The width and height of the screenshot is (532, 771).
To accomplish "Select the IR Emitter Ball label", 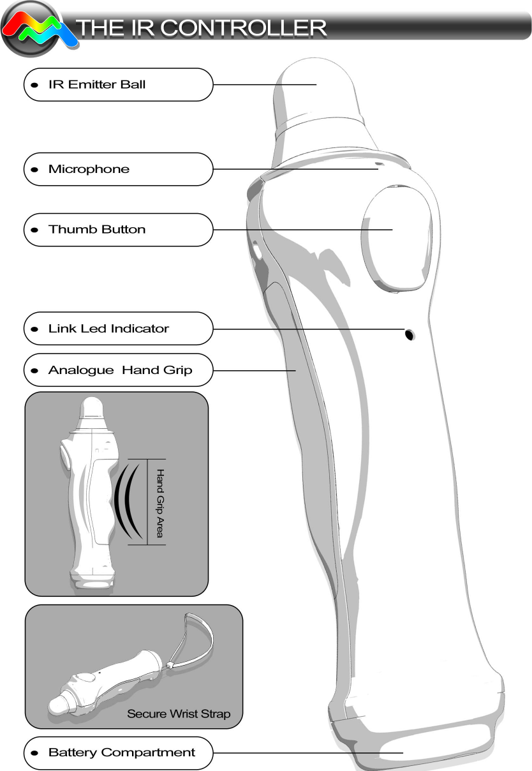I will click(x=97, y=84).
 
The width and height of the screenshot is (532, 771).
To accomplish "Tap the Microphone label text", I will click(x=89, y=169).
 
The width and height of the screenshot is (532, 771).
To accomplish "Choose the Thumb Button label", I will click(x=97, y=229).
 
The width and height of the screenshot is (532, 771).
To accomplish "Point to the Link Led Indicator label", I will click(x=108, y=329).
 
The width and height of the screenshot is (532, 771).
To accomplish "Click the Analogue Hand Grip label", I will click(x=120, y=370).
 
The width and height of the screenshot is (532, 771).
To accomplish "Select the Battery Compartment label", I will click(x=121, y=752).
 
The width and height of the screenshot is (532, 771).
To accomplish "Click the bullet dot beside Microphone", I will click(x=34, y=170).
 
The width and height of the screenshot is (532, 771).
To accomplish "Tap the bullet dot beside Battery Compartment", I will click(x=34, y=753).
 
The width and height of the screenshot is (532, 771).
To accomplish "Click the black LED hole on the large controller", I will click(x=410, y=334).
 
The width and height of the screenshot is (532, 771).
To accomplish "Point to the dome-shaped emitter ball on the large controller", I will click(x=319, y=89).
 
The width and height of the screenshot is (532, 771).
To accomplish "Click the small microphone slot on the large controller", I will click(x=379, y=165).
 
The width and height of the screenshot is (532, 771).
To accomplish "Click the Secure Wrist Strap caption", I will click(x=179, y=714).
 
